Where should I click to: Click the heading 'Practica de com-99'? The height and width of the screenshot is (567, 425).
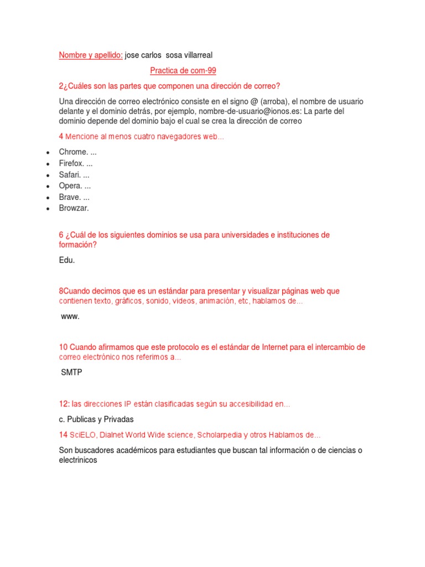(183, 70)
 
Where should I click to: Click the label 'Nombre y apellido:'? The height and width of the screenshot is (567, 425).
(91, 55)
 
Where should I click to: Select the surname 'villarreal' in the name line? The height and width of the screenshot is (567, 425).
(194, 55)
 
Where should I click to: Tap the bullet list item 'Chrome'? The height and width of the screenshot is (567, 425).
(73, 152)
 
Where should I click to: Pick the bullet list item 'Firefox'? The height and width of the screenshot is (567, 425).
(72, 163)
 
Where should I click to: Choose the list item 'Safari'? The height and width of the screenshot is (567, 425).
(71, 174)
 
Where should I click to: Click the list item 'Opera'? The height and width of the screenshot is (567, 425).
(71, 185)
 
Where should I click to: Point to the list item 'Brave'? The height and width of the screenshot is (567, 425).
(70, 197)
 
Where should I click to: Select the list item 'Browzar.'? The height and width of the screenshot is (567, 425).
(74, 208)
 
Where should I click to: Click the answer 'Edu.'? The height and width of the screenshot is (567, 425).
(66, 260)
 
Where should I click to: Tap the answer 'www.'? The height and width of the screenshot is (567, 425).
(70, 316)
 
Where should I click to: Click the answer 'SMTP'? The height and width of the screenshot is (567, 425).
(71, 372)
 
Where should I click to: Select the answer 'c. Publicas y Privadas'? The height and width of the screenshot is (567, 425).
(96, 419)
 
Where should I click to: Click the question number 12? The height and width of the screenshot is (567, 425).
(64, 404)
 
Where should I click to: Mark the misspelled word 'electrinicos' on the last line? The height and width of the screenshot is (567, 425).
(78, 460)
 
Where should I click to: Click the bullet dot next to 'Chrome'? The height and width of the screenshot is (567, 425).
(49, 152)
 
